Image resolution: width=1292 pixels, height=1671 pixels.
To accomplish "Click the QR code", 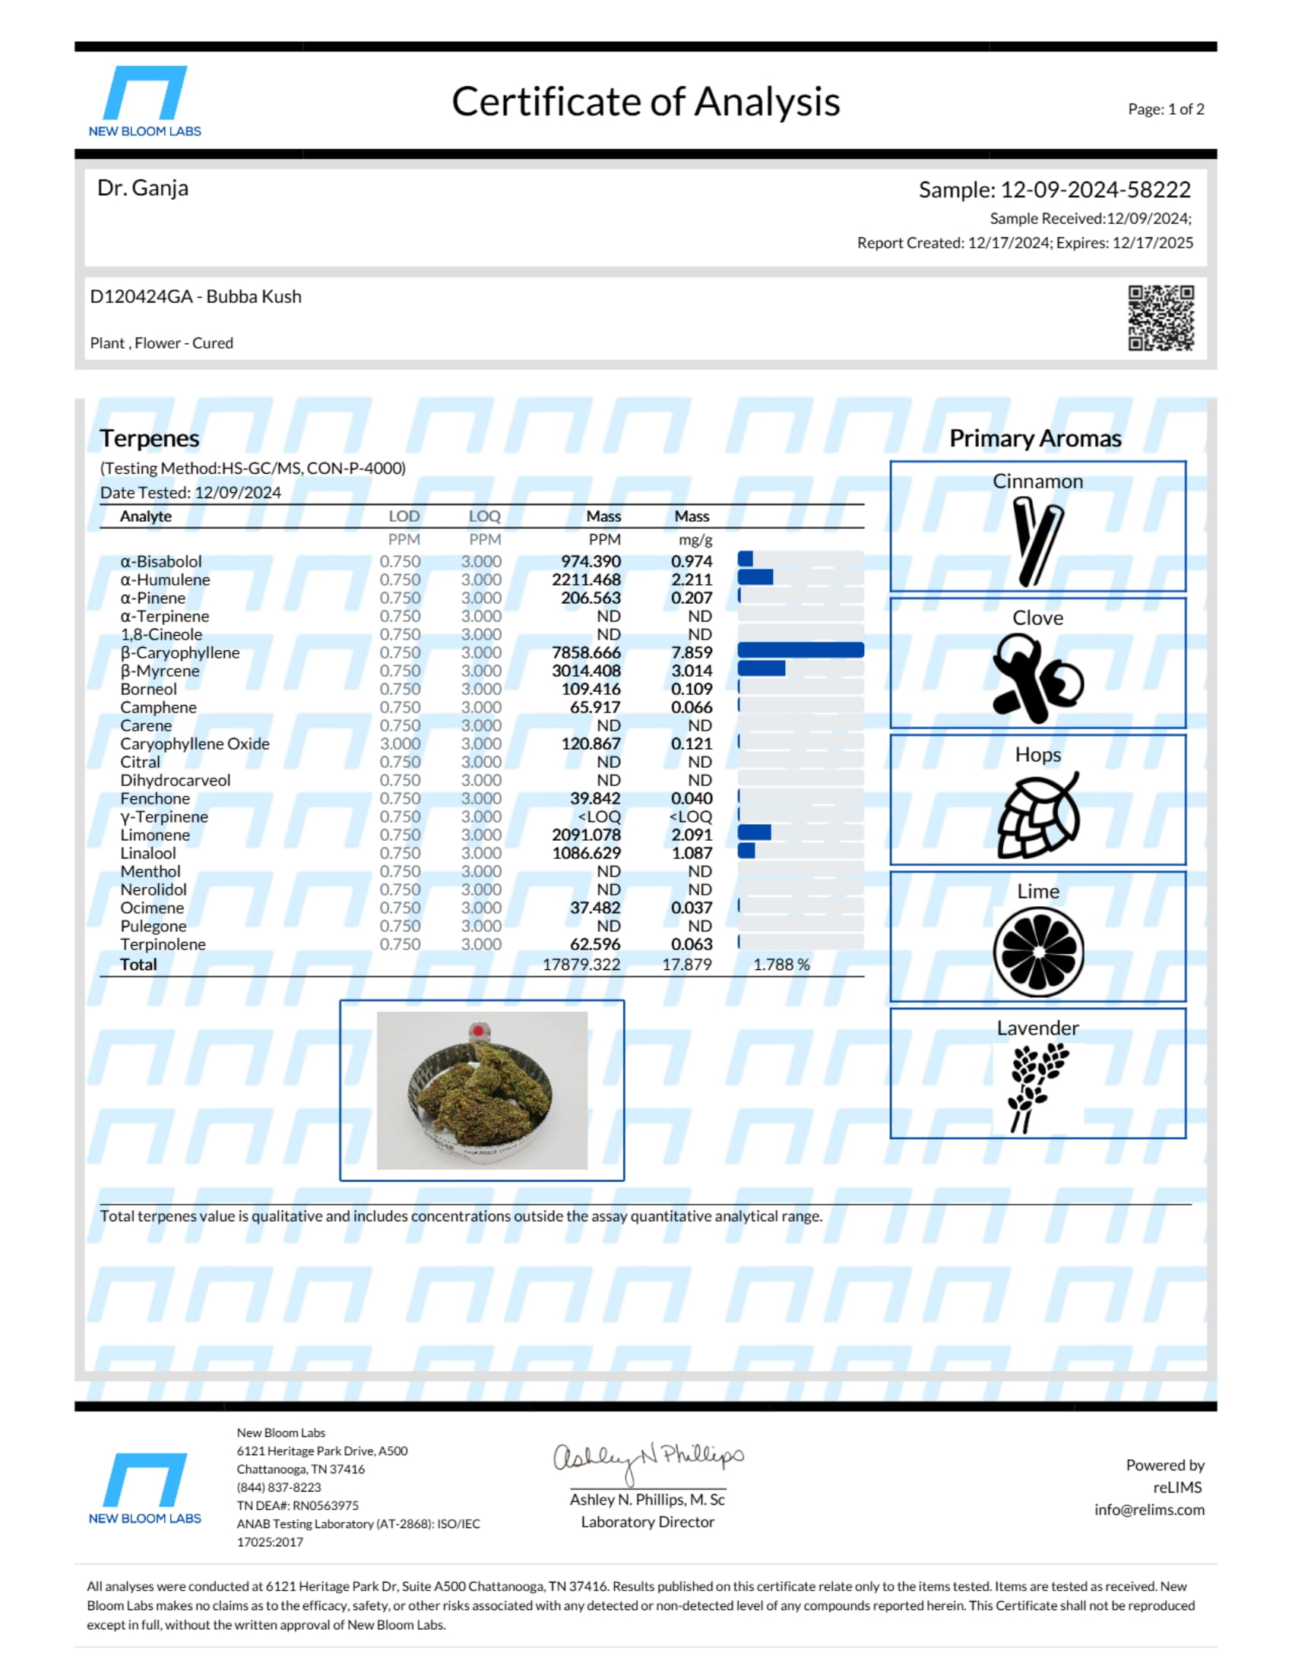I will tap(1161, 317).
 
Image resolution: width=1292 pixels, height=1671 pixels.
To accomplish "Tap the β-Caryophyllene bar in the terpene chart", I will tap(800, 650).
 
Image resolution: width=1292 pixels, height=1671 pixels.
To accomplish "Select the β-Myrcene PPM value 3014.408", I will tap(586, 671).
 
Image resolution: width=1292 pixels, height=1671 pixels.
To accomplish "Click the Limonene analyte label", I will tap(154, 835).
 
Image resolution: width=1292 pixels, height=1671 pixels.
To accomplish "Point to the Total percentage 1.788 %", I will tap(781, 964).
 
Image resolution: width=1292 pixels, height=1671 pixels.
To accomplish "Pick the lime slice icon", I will tap(1038, 952).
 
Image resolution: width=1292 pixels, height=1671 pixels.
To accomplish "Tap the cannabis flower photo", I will tap(481, 1090).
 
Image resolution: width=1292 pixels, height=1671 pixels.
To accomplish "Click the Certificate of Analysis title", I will tap(645, 102).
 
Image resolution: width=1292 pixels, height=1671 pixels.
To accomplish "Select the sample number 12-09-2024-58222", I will tap(1095, 189).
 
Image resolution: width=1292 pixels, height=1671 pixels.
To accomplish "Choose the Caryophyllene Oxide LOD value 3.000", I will tap(400, 744).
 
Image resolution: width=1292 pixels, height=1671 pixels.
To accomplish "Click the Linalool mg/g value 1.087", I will tap(691, 853).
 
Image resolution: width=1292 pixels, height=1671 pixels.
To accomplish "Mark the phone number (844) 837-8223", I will tap(279, 1487).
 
